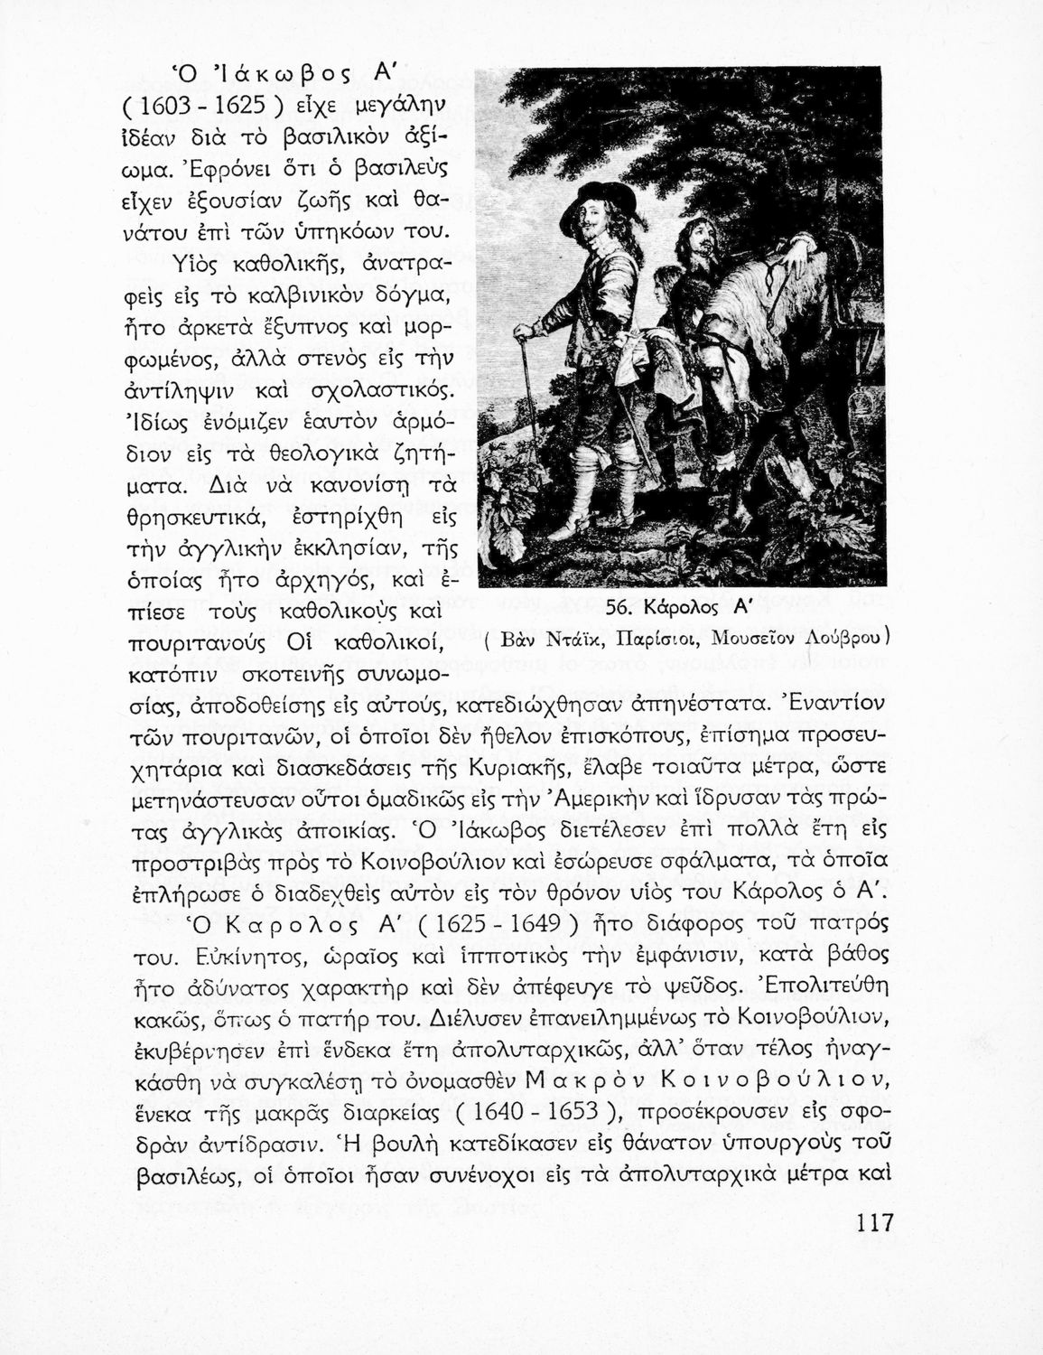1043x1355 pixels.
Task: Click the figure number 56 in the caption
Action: tap(619, 611)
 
